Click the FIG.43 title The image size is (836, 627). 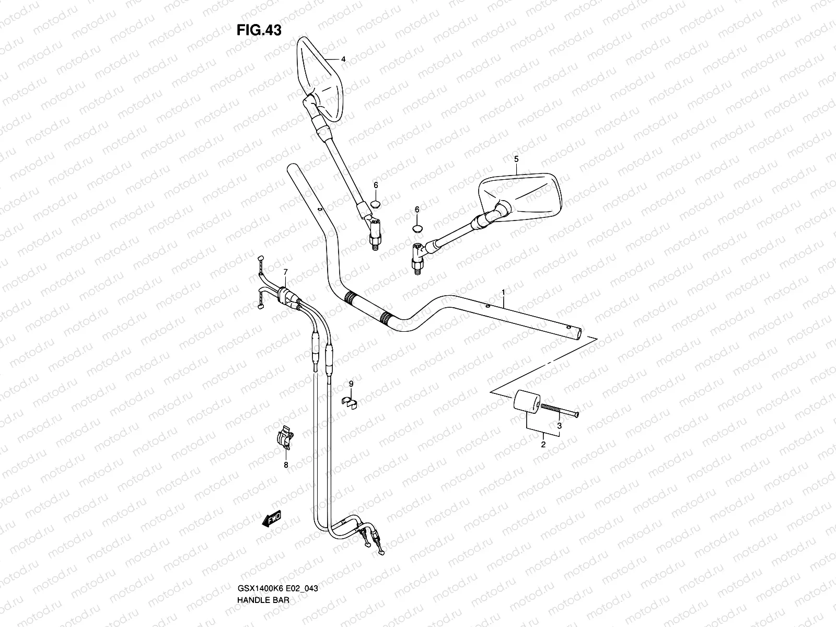click(259, 31)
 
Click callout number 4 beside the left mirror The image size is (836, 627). click(343, 60)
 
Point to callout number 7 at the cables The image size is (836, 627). click(285, 272)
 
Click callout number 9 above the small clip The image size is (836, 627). click(351, 384)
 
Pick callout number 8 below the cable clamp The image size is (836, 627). click(286, 465)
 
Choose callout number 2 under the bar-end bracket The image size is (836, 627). click(543, 445)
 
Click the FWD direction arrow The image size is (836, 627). click(272, 518)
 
